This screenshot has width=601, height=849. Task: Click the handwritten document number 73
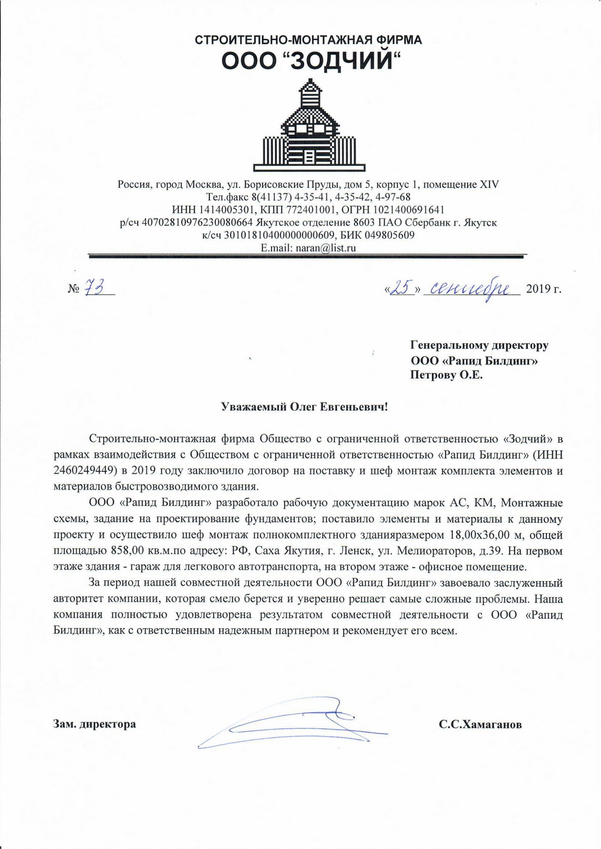click(94, 288)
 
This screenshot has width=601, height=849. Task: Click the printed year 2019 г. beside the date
click(544, 289)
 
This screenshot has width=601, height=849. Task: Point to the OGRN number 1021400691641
click(409, 210)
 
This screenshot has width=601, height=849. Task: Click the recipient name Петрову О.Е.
click(446, 375)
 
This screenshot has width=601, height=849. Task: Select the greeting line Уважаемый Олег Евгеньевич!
click(305, 407)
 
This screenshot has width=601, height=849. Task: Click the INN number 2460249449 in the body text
click(86, 471)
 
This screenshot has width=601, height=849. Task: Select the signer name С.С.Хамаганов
click(480, 725)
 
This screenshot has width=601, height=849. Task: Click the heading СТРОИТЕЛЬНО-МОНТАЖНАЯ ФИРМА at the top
click(308, 40)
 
